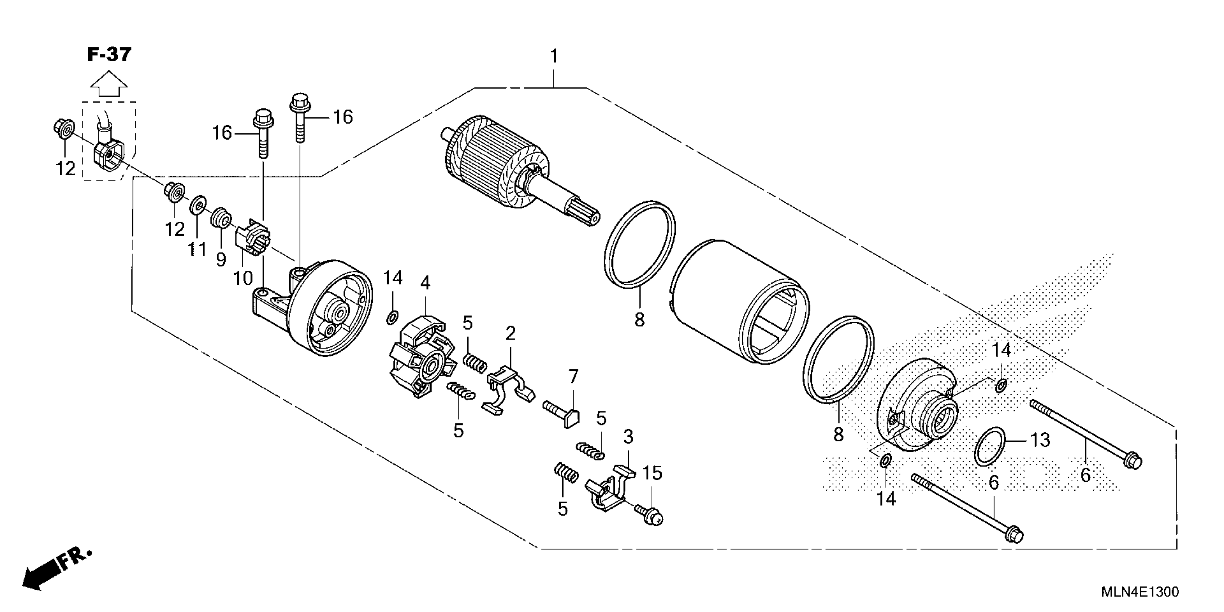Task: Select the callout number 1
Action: click(x=554, y=57)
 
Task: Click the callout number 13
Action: click(x=1040, y=440)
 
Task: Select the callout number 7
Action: click(x=573, y=377)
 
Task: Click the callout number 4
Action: click(x=425, y=283)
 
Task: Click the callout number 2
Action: click(x=511, y=334)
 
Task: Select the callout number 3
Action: click(x=628, y=436)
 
